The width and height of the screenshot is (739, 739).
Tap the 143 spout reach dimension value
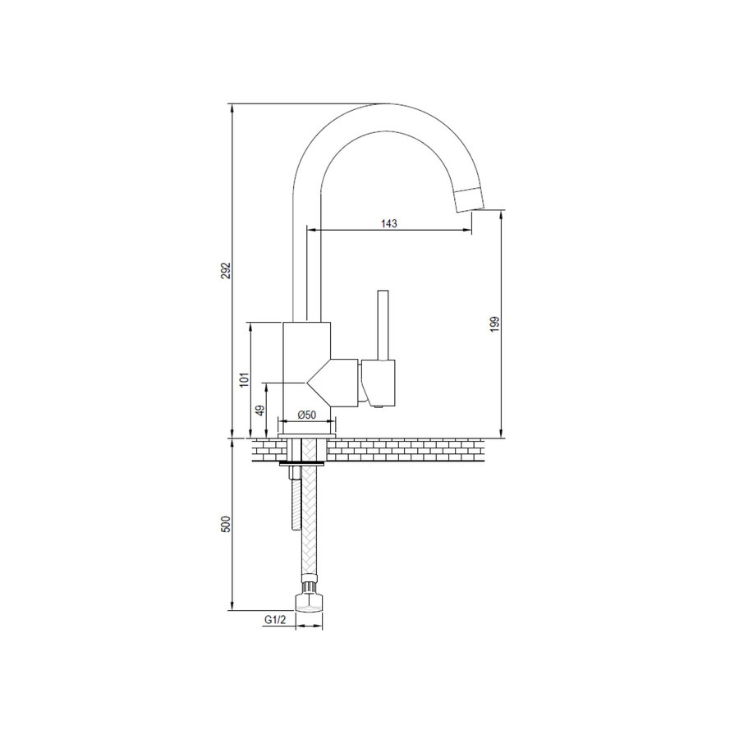(x=389, y=223)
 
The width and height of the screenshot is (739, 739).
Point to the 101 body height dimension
(x=243, y=379)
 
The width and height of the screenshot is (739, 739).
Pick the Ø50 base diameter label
(x=306, y=416)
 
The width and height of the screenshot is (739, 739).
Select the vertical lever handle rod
(x=381, y=325)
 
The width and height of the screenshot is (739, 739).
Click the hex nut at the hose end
(x=308, y=603)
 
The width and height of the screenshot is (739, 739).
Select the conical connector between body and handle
(x=337, y=383)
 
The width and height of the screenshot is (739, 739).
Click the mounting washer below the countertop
(x=302, y=465)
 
